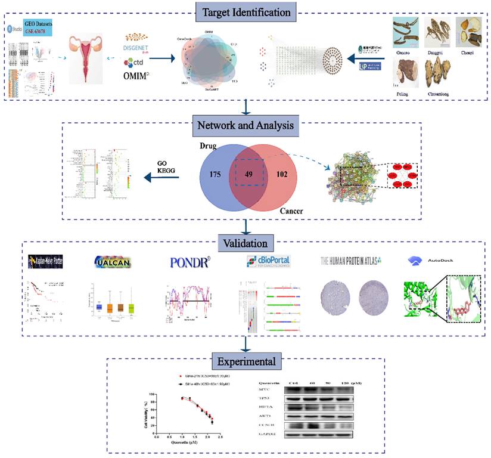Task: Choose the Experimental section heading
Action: (246, 361)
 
